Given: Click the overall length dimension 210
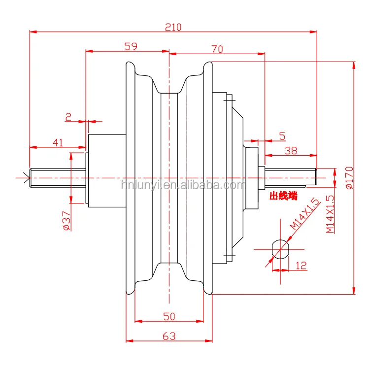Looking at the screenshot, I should coord(173,28).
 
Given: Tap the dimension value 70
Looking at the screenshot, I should coord(217,49).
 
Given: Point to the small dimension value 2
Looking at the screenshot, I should coord(68,117).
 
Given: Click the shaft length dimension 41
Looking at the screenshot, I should coord(58,142).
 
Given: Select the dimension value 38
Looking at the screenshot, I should coord(291,151).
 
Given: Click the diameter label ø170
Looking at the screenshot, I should coord(349,178).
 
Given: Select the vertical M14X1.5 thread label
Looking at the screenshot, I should coord(330,214).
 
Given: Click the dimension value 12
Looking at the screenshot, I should coord(301,266).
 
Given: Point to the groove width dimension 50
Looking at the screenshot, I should coord(168,316).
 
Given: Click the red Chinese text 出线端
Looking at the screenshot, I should coord(283,196).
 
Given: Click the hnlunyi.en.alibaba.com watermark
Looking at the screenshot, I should coord(183,185).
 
